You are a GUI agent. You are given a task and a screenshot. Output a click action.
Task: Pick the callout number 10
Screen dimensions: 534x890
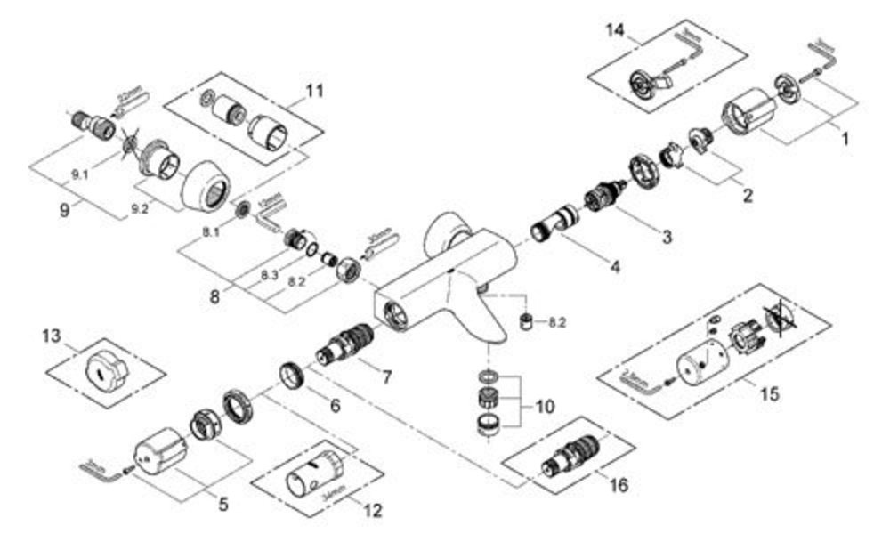tap(544, 406)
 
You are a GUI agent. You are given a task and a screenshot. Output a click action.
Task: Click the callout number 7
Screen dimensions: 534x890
tap(385, 377)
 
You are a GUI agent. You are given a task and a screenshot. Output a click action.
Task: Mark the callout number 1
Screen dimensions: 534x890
tap(845, 139)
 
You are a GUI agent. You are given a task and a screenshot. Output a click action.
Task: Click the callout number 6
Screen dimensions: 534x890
tap(335, 405)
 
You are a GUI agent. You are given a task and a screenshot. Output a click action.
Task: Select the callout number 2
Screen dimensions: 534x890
tap(747, 195)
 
